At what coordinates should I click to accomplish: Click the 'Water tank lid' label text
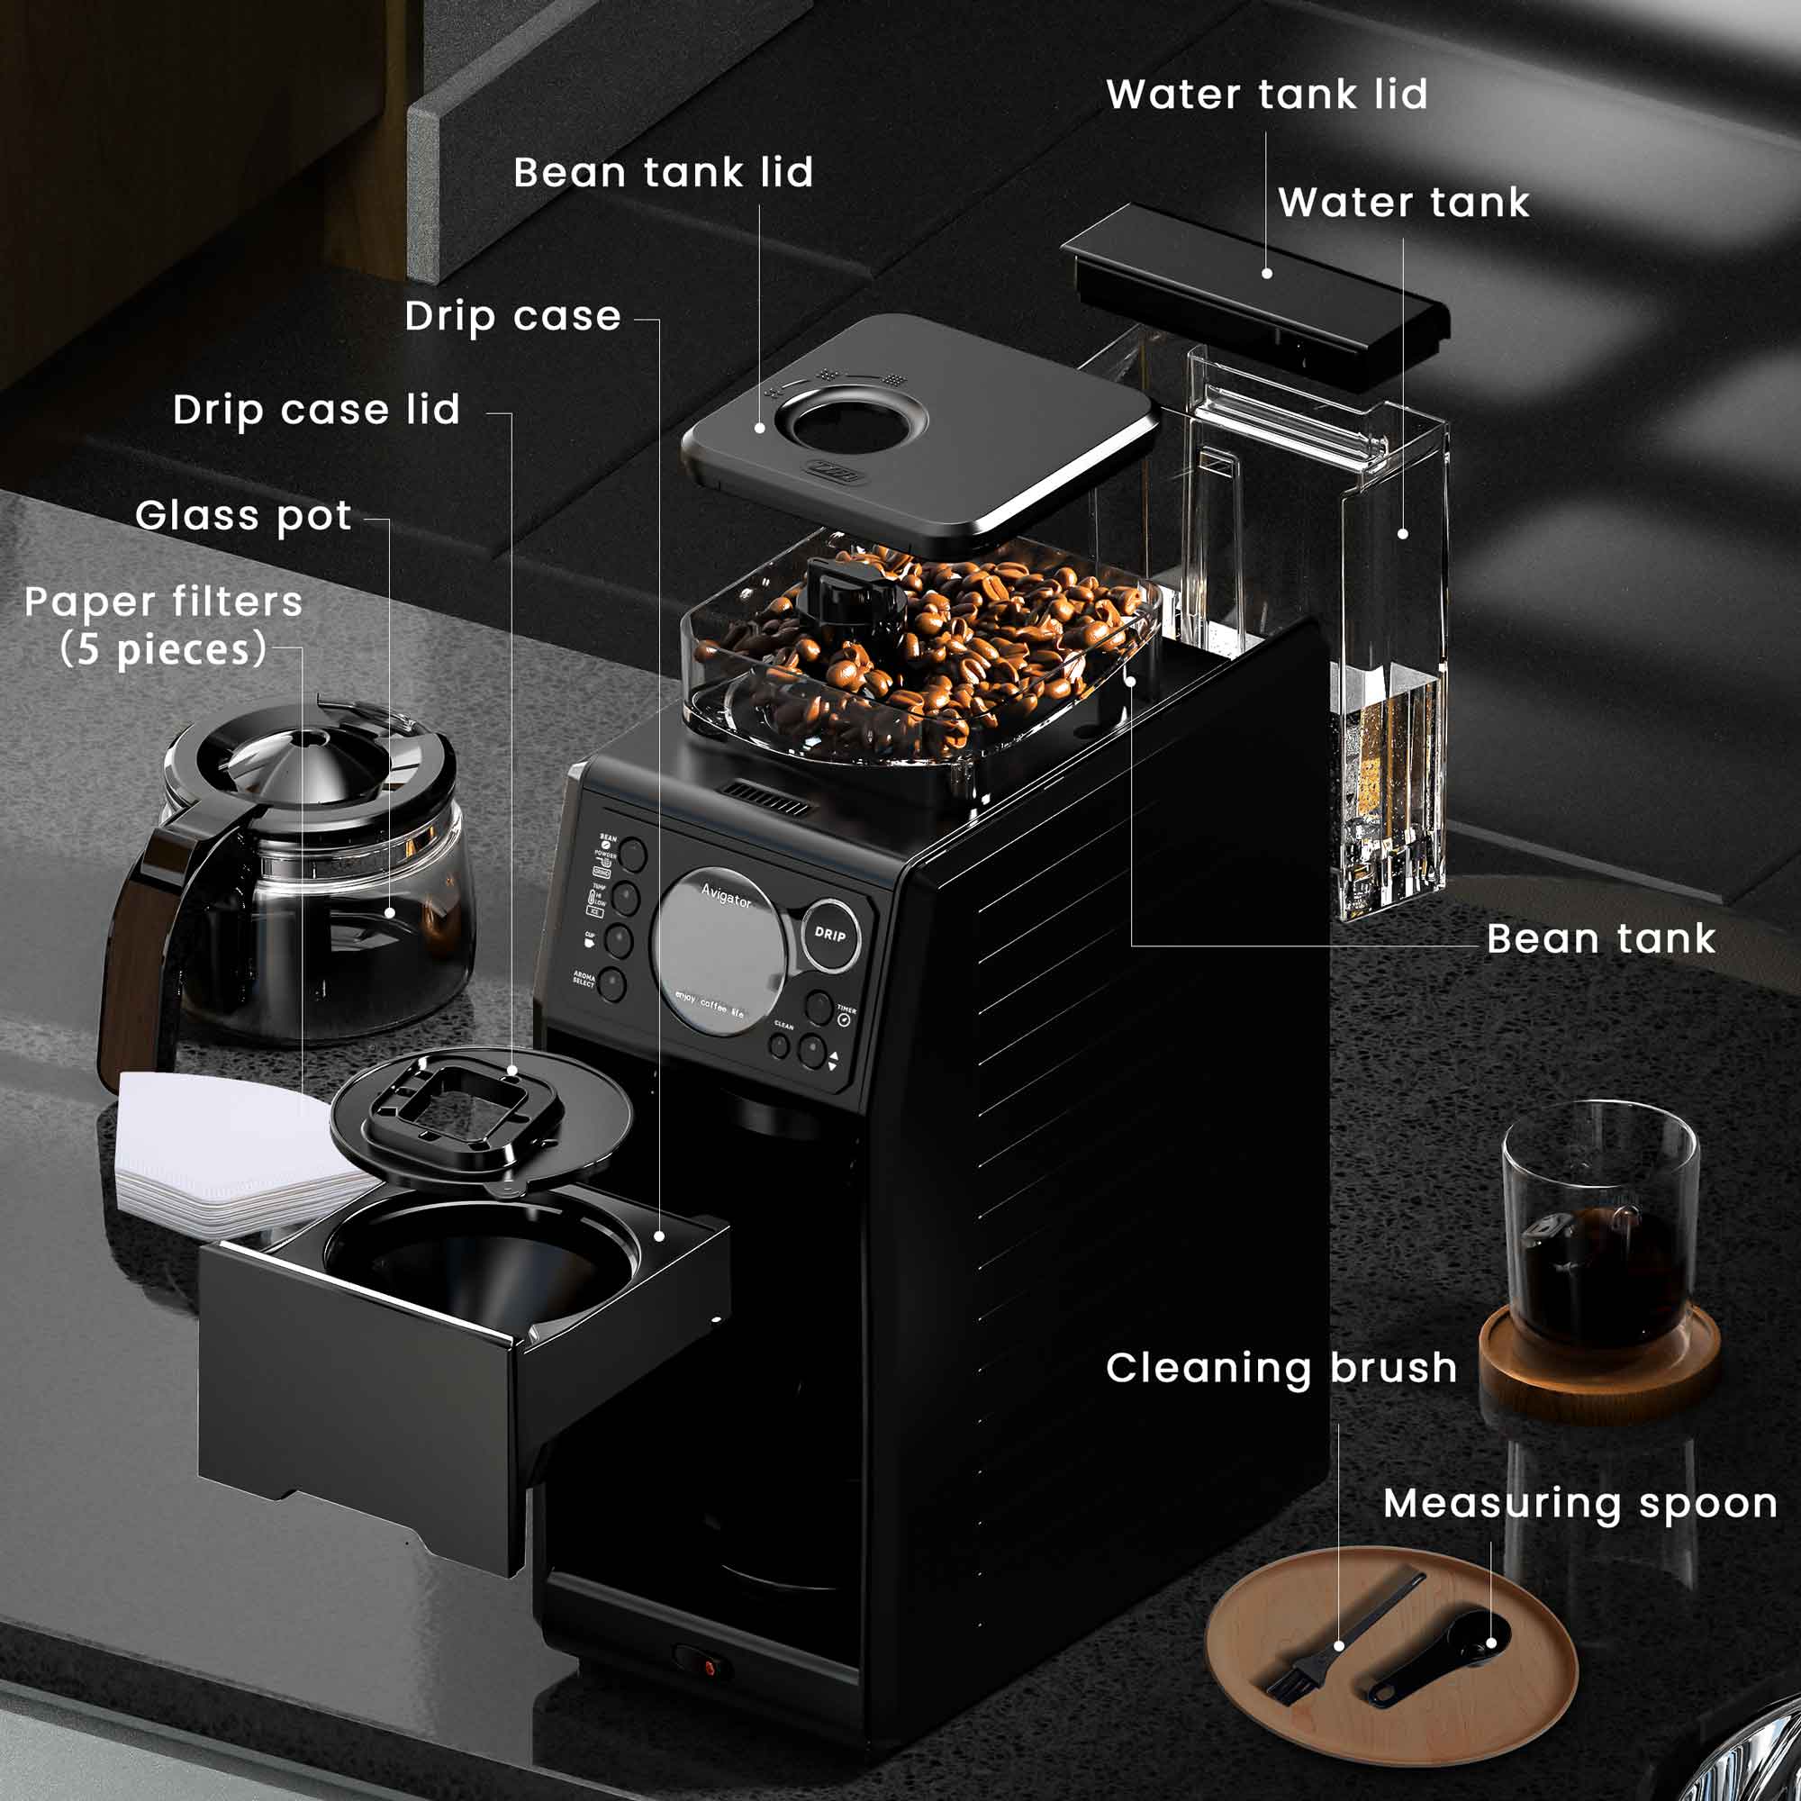pyautogui.click(x=1266, y=95)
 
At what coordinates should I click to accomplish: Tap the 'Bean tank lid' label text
pyautogui.click(x=663, y=174)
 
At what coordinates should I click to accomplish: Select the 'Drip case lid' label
pyautogui.click(x=317, y=410)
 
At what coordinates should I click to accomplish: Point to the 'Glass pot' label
pyautogui.click(x=243, y=516)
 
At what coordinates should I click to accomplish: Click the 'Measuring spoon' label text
pyautogui.click(x=1579, y=1504)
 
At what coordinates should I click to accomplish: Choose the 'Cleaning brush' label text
pyautogui.click(x=1281, y=1369)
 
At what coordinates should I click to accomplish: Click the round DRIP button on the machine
pyautogui.click(x=829, y=934)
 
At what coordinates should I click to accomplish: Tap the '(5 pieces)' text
pyautogui.click(x=163, y=651)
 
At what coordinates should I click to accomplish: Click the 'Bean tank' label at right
pyautogui.click(x=1599, y=938)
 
